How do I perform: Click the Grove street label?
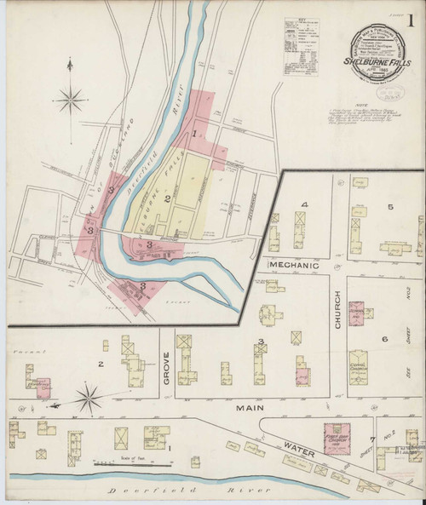click(166, 368)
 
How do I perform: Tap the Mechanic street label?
click(291, 266)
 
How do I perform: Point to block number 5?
click(390, 207)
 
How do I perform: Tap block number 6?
click(384, 339)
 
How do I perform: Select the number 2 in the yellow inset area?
click(169, 199)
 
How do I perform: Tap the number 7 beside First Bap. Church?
click(372, 439)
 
